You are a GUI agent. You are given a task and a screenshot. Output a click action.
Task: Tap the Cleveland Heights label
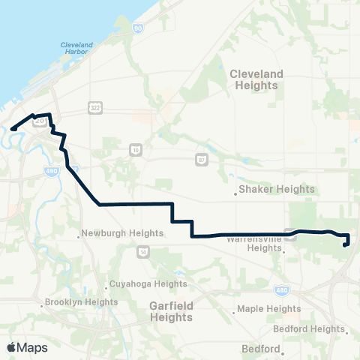[x=256, y=79]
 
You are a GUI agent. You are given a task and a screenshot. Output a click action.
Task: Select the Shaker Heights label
[x=277, y=189]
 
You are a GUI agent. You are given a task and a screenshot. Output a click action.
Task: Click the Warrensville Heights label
[x=254, y=244]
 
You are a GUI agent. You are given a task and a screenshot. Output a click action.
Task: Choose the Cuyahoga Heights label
[x=148, y=283]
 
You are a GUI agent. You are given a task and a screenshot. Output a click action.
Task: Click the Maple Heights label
[x=268, y=308]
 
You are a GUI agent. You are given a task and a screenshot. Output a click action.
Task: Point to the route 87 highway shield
[x=202, y=159]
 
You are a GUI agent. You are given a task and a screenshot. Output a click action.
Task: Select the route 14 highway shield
[x=143, y=251]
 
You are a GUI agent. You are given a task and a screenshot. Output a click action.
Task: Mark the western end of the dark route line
[x=12, y=128]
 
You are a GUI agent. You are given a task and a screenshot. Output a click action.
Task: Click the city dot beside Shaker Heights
[x=236, y=193]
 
